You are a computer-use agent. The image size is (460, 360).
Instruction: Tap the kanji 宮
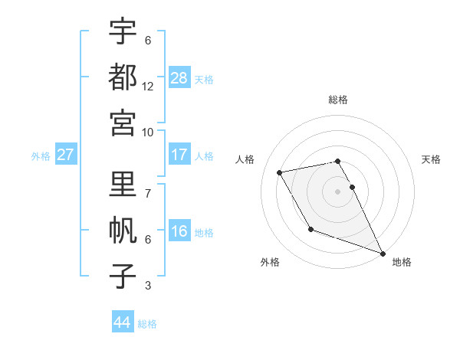tap(123, 122)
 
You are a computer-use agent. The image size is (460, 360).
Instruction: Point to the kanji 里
tap(123, 184)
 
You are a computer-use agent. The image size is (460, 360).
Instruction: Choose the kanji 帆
tap(123, 230)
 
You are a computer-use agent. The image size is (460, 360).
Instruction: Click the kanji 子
tap(123, 276)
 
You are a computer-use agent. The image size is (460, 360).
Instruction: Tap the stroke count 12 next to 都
tap(148, 87)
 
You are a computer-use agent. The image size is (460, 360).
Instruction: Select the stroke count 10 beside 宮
tap(148, 133)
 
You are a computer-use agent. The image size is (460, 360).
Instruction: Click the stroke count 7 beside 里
tap(147, 194)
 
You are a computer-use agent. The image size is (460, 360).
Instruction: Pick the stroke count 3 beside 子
tap(147, 286)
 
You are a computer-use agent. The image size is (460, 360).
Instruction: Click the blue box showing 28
tap(179, 78)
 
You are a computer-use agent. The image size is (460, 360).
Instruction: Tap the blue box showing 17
tap(179, 155)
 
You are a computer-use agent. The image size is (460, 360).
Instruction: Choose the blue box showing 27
tap(66, 155)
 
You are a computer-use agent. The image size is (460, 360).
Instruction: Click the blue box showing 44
tap(122, 322)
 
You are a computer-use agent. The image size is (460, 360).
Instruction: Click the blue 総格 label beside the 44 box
tap(147, 324)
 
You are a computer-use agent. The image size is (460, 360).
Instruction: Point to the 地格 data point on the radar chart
tap(383, 254)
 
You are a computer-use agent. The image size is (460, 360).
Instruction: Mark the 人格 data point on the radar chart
tap(279, 172)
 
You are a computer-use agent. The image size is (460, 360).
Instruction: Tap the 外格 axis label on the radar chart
tap(270, 262)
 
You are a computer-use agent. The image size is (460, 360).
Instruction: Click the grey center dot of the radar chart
tap(337, 191)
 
